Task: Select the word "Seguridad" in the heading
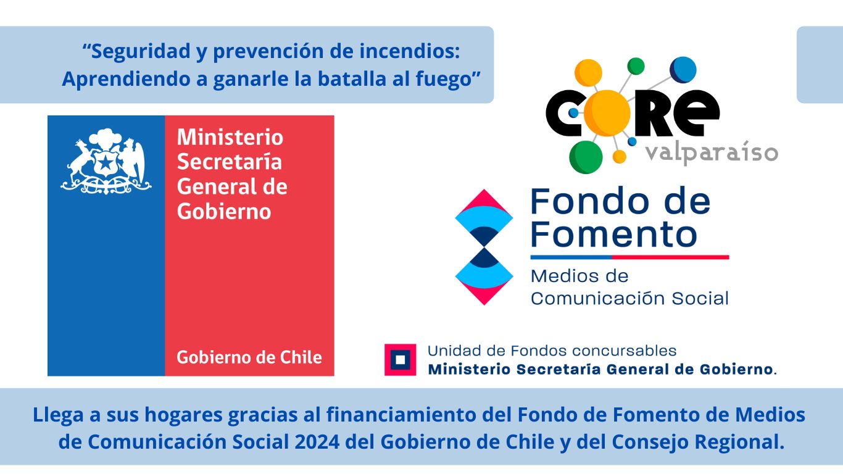pyautogui.click(x=141, y=52)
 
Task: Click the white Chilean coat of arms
pyautogui.click(x=106, y=161)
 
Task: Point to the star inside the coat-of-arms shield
pyautogui.click(x=106, y=163)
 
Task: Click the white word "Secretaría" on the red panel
pyautogui.click(x=230, y=162)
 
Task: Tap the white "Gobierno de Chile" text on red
pyautogui.click(x=249, y=357)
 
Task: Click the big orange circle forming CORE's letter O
pyautogui.click(x=607, y=113)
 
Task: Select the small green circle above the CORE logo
pyautogui.click(x=636, y=66)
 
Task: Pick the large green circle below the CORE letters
pyautogui.click(x=586, y=157)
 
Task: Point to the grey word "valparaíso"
pyautogui.click(x=712, y=152)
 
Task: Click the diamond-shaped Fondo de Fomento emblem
pyautogui.click(x=484, y=247)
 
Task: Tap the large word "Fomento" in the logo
pyautogui.click(x=614, y=234)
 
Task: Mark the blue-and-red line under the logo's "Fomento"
pyautogui.click(x=629, y=257)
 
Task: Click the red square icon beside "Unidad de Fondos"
pyautogui.click(x=400, y=360)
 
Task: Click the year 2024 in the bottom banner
pyautogui.click(x=317, y=442)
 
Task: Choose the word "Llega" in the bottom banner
pyautogui.click(x=59, y=415)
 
